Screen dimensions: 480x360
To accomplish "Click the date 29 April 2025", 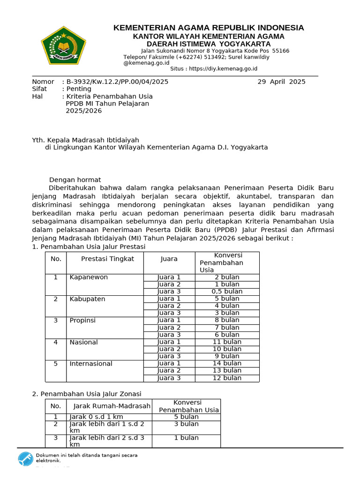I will (281, 82).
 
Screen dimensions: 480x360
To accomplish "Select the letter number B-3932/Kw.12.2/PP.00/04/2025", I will (117, 82).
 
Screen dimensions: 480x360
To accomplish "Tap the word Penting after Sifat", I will (79, 89).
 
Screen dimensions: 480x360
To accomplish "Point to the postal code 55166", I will (280, 51).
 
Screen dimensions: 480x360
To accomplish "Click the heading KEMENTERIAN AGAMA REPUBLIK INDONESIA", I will (209, 28).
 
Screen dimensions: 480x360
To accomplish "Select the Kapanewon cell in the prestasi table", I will (89, 277).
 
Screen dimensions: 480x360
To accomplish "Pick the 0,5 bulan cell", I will (227, 292).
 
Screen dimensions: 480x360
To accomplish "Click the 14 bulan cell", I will (227, 363).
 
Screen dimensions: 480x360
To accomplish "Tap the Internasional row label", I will (91, 364).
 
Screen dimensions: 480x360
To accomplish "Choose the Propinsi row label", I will (82, 320).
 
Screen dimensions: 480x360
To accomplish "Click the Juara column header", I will (169, 259).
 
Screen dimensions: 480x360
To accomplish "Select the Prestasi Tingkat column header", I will (107, 259).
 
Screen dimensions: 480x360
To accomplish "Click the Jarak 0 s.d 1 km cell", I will (96, 417).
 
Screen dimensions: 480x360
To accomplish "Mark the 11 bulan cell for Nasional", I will (227, 342).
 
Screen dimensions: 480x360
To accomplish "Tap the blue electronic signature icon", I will (25, 458).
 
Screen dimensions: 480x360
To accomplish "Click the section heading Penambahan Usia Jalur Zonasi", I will (90, 394).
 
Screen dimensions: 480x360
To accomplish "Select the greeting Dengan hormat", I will (75, 180).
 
